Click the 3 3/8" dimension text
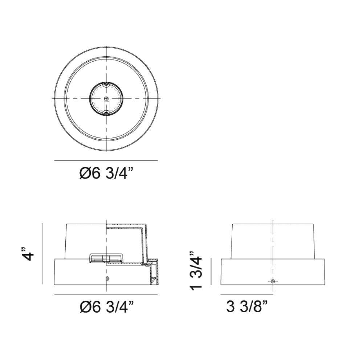(247, 307)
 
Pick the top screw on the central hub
(106, 83)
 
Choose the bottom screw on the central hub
(106, 113)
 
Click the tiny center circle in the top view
(106, 98)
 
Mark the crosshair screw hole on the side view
(273, 281)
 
